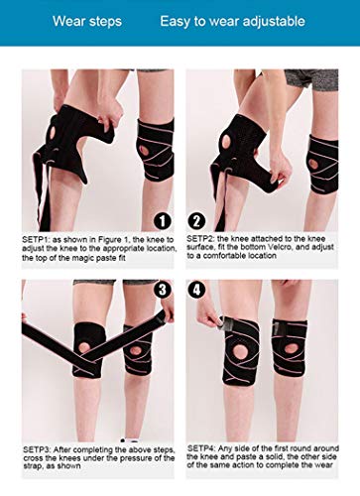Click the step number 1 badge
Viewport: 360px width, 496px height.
(163, 221)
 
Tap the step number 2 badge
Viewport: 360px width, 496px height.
(196, 221)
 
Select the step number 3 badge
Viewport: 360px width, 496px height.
(163, 290)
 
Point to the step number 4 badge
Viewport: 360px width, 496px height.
(196, 290)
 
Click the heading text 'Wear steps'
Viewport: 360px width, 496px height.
(87, 22)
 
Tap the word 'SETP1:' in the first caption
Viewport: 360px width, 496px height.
(36, 239)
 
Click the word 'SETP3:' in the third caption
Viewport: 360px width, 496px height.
(37, 449)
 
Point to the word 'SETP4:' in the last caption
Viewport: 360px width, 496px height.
(201, 448)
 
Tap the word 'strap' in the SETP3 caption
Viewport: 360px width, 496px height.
(33, 466)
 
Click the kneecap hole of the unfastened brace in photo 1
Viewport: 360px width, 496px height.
(53, 133)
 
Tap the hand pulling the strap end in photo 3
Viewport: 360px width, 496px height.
(168, 310)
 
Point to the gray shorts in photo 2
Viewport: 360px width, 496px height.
(310, 79)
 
